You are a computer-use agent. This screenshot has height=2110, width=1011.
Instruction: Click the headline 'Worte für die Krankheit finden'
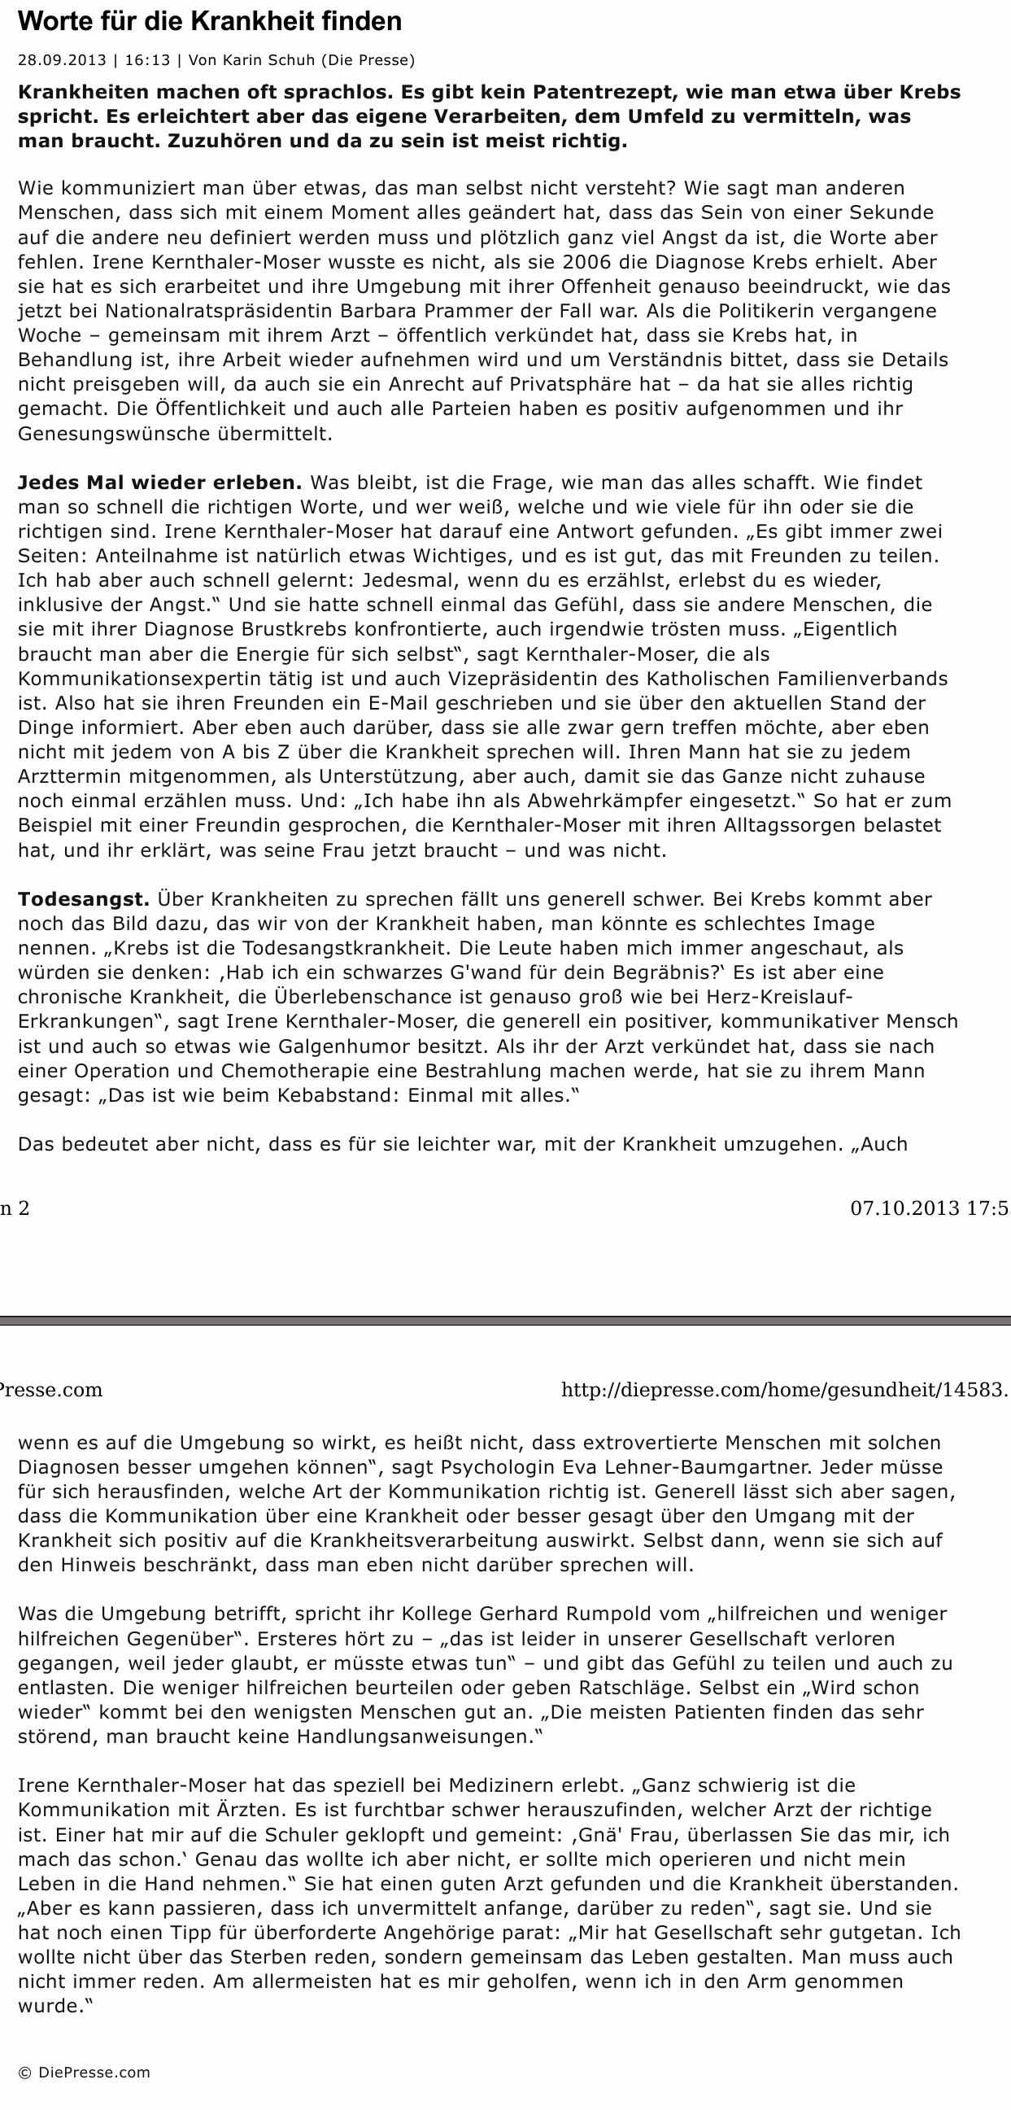[210, 22]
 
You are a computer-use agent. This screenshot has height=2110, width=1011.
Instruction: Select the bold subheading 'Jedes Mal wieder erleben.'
[159, 483]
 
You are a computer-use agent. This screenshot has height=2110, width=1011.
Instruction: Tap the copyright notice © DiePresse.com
[85, 2073]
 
